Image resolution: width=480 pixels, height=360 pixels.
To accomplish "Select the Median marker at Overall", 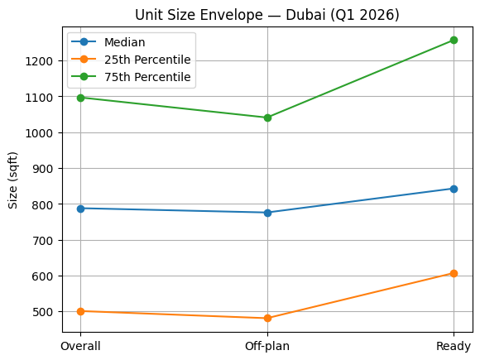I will coord(81,209).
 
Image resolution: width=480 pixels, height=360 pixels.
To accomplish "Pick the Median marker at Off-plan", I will coord(267,213).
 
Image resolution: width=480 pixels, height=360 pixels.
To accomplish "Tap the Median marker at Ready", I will coord(454,189).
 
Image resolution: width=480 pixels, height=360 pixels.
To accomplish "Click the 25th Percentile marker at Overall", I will coord(81,311).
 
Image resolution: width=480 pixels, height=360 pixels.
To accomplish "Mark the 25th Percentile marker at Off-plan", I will coord(267,318).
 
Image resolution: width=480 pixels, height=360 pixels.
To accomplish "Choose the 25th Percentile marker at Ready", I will coord(454,273).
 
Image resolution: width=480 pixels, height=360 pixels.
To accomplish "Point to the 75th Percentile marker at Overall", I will coord(81,98).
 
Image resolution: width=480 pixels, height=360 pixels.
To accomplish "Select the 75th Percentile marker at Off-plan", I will coord(267,118).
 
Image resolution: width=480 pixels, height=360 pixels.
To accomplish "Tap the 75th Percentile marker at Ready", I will coord(454,40).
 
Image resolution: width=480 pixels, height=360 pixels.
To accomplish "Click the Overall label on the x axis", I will coord(81,346).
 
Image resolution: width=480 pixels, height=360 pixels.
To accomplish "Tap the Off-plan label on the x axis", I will coord(267,346).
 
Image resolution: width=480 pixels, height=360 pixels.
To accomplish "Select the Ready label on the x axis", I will coord(454,346).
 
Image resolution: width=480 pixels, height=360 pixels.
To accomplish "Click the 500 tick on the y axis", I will coord(45,312).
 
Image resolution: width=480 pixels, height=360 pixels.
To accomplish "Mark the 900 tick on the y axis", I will coord(45,169).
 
